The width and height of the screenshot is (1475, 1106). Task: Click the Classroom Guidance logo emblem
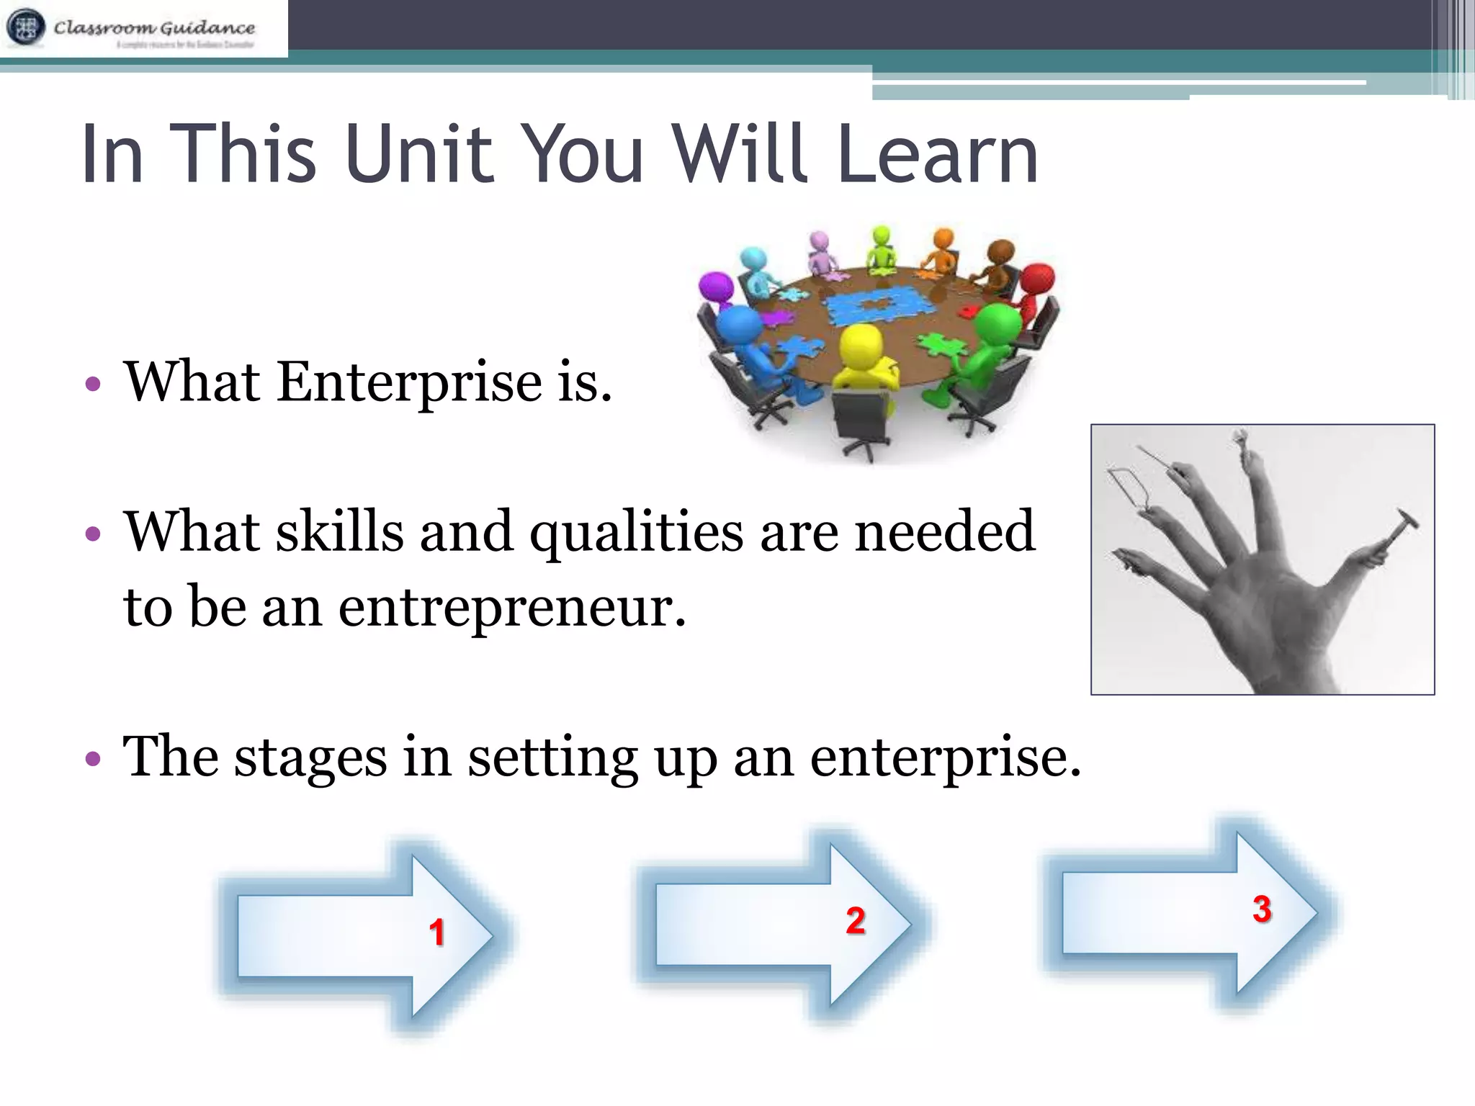coord(26,27)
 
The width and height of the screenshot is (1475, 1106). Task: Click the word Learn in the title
coord(937,154)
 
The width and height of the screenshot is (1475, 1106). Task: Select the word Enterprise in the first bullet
coord(408,382)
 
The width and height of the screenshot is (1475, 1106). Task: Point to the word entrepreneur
coord(511,607)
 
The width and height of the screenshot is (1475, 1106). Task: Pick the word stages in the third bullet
coord(310,757)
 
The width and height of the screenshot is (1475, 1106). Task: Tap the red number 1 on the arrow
coord(436,932)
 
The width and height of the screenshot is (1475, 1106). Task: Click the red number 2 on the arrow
coord(855,921)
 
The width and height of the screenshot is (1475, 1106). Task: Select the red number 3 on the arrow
coord(1261,909)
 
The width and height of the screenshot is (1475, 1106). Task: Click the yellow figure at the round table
coord(864,356)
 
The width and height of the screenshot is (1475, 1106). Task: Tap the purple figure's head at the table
coord(716,287)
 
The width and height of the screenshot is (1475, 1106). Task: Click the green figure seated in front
coord(987,346)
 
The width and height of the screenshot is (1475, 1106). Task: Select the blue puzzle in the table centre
coord(879,305)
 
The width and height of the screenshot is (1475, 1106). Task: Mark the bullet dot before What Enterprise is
coord(92,383)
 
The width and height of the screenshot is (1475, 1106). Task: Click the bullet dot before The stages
coord(92,759)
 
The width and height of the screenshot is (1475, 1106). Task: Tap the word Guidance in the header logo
coord(207,27)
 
